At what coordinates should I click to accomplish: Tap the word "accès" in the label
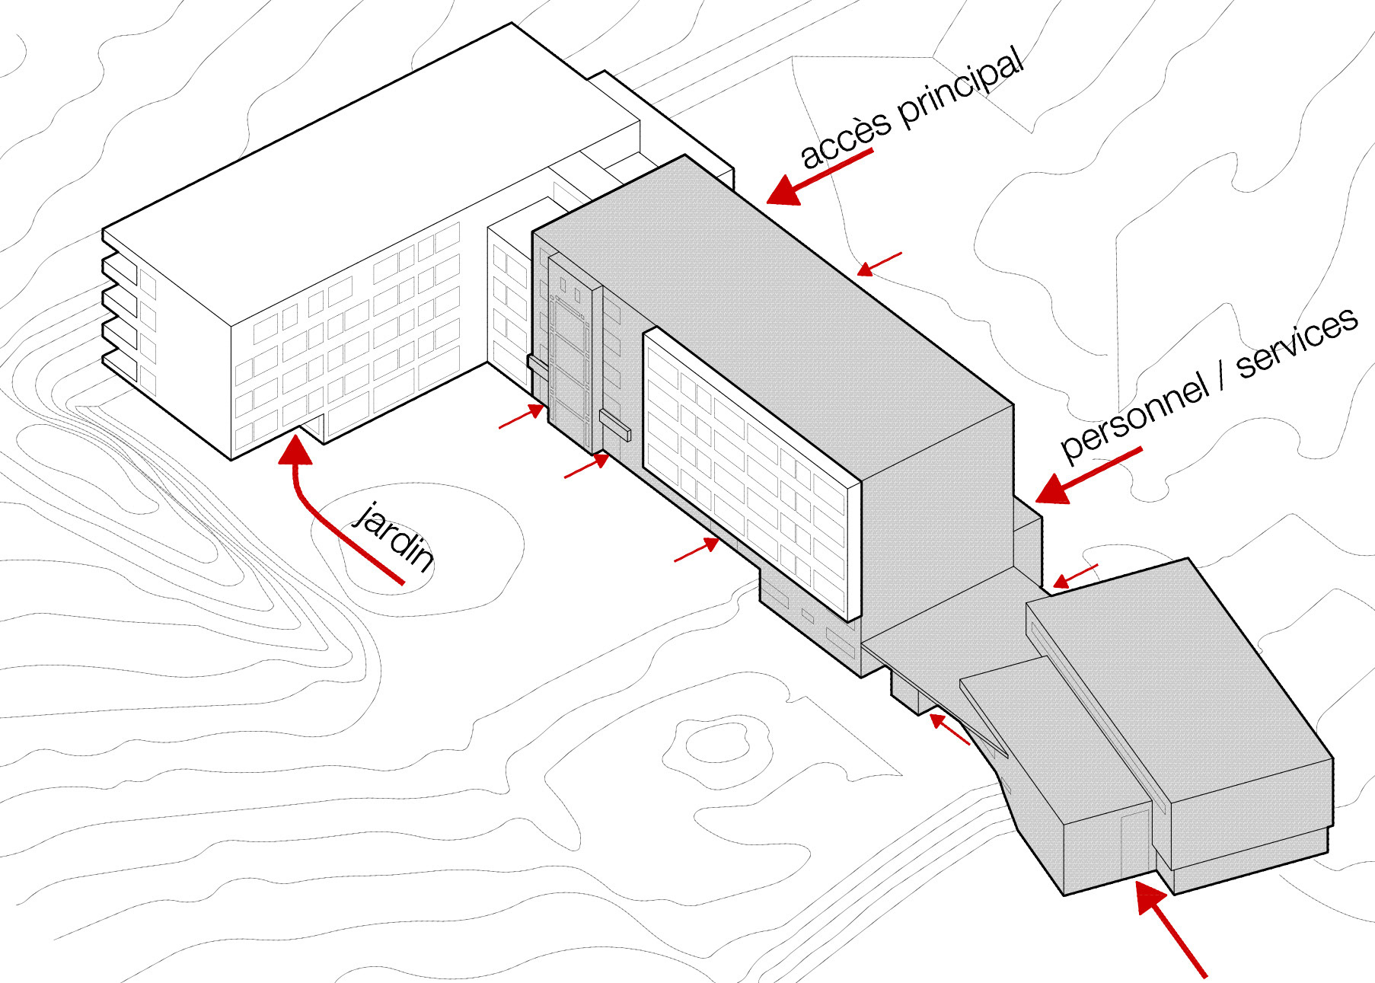845,140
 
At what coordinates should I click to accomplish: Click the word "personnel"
1134,416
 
